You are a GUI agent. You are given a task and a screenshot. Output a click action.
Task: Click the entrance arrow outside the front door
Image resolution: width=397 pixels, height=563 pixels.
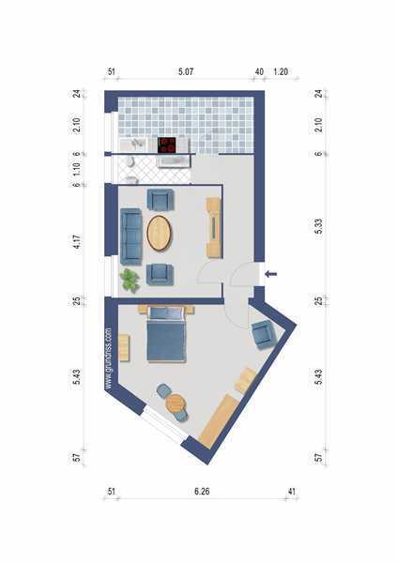[x=271, y=274]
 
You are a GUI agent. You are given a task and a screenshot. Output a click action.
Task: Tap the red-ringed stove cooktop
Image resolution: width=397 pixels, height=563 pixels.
[x=167, y=145]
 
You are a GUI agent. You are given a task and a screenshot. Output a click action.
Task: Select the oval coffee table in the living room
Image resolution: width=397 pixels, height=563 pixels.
[x=160, y=233]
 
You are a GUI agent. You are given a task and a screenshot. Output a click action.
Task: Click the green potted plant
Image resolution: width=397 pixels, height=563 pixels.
[x=130, y=281]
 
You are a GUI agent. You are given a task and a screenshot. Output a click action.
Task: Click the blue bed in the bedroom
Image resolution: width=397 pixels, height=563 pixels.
[x=166, y=335]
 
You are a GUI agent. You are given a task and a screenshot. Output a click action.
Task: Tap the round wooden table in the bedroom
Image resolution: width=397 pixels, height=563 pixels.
[x=176, y=403]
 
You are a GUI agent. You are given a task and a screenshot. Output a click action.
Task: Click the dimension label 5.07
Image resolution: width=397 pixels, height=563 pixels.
[x=186, y=71]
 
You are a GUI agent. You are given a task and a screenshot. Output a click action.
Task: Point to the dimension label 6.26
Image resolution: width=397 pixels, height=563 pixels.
[x=202, y=491]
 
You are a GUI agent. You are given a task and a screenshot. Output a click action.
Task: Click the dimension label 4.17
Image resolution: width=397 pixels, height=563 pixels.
[x=77, y=241]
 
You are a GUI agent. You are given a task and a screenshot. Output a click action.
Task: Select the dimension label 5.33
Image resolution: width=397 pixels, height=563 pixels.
[x=318, y=226]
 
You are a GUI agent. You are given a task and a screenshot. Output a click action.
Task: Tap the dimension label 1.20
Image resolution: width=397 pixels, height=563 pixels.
[x=281, y=71]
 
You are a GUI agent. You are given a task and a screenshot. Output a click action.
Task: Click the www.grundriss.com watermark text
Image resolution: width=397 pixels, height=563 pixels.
[x=109, y=358]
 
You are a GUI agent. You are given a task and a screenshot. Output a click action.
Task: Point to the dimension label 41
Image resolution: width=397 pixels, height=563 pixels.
[x=292, y=491]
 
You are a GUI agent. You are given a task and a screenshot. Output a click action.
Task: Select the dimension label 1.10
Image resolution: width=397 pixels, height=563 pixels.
[x=77, y=170]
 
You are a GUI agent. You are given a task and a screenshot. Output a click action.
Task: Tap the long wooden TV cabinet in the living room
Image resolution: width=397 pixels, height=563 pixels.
[x=214, y=228]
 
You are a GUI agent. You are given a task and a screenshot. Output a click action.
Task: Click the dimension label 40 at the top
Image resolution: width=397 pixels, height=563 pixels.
[x=259, y=71]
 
